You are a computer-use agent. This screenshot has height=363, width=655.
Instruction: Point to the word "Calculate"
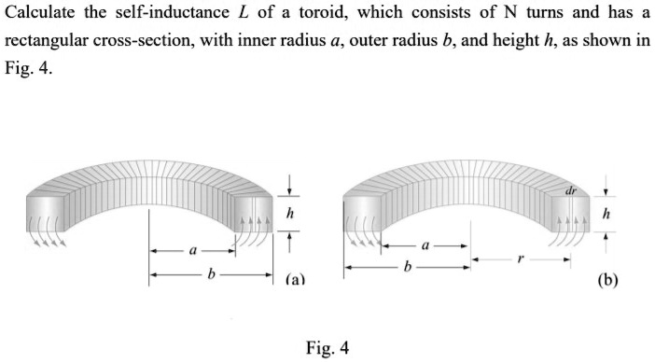tap(38, 16)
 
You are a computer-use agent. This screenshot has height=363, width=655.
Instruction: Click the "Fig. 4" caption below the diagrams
tap(327, 348)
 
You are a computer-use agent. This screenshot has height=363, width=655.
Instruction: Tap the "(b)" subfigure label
tap(609, 279)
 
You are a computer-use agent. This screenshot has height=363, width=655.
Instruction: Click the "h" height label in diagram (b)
tap(607, 215)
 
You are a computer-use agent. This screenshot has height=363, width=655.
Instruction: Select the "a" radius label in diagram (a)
tap(192, 250)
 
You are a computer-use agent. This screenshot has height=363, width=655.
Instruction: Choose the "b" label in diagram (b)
tap(407, 268)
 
